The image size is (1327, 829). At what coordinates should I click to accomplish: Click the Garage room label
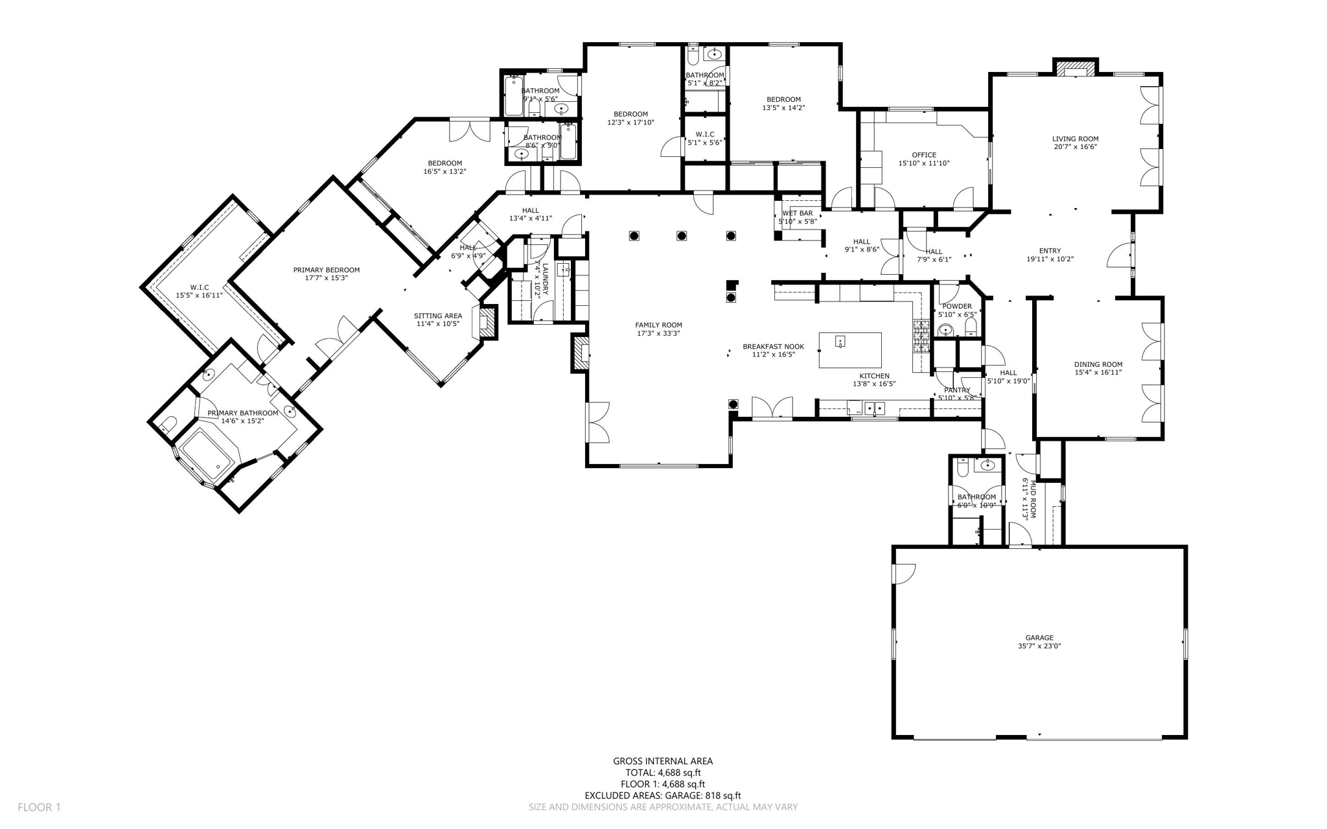click(1039, 637)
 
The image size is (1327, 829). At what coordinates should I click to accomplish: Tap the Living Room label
click(1075, 139)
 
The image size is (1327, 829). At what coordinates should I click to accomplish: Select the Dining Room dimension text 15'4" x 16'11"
click(1098, 373)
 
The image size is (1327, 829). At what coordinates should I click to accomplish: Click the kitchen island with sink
click(850, 350)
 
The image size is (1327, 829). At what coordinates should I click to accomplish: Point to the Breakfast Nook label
click(773, 347)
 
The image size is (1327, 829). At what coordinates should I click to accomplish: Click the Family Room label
click(658, 325)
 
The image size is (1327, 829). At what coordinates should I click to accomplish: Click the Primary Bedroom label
click(326, 270)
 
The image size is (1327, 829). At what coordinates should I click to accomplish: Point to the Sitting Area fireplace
click(489, 323)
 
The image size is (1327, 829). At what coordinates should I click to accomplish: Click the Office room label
click(924, 155)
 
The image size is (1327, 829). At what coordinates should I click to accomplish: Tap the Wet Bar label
click(797, 213)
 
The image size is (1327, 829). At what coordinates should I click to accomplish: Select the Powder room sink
click(946, 331)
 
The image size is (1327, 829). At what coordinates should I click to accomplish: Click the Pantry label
click(957, 390)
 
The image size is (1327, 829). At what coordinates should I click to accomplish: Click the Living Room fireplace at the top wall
click(1075, 68)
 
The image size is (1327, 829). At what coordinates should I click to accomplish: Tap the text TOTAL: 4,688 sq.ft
click(663, 773)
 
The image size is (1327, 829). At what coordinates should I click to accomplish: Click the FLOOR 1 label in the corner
click(39, 808)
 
